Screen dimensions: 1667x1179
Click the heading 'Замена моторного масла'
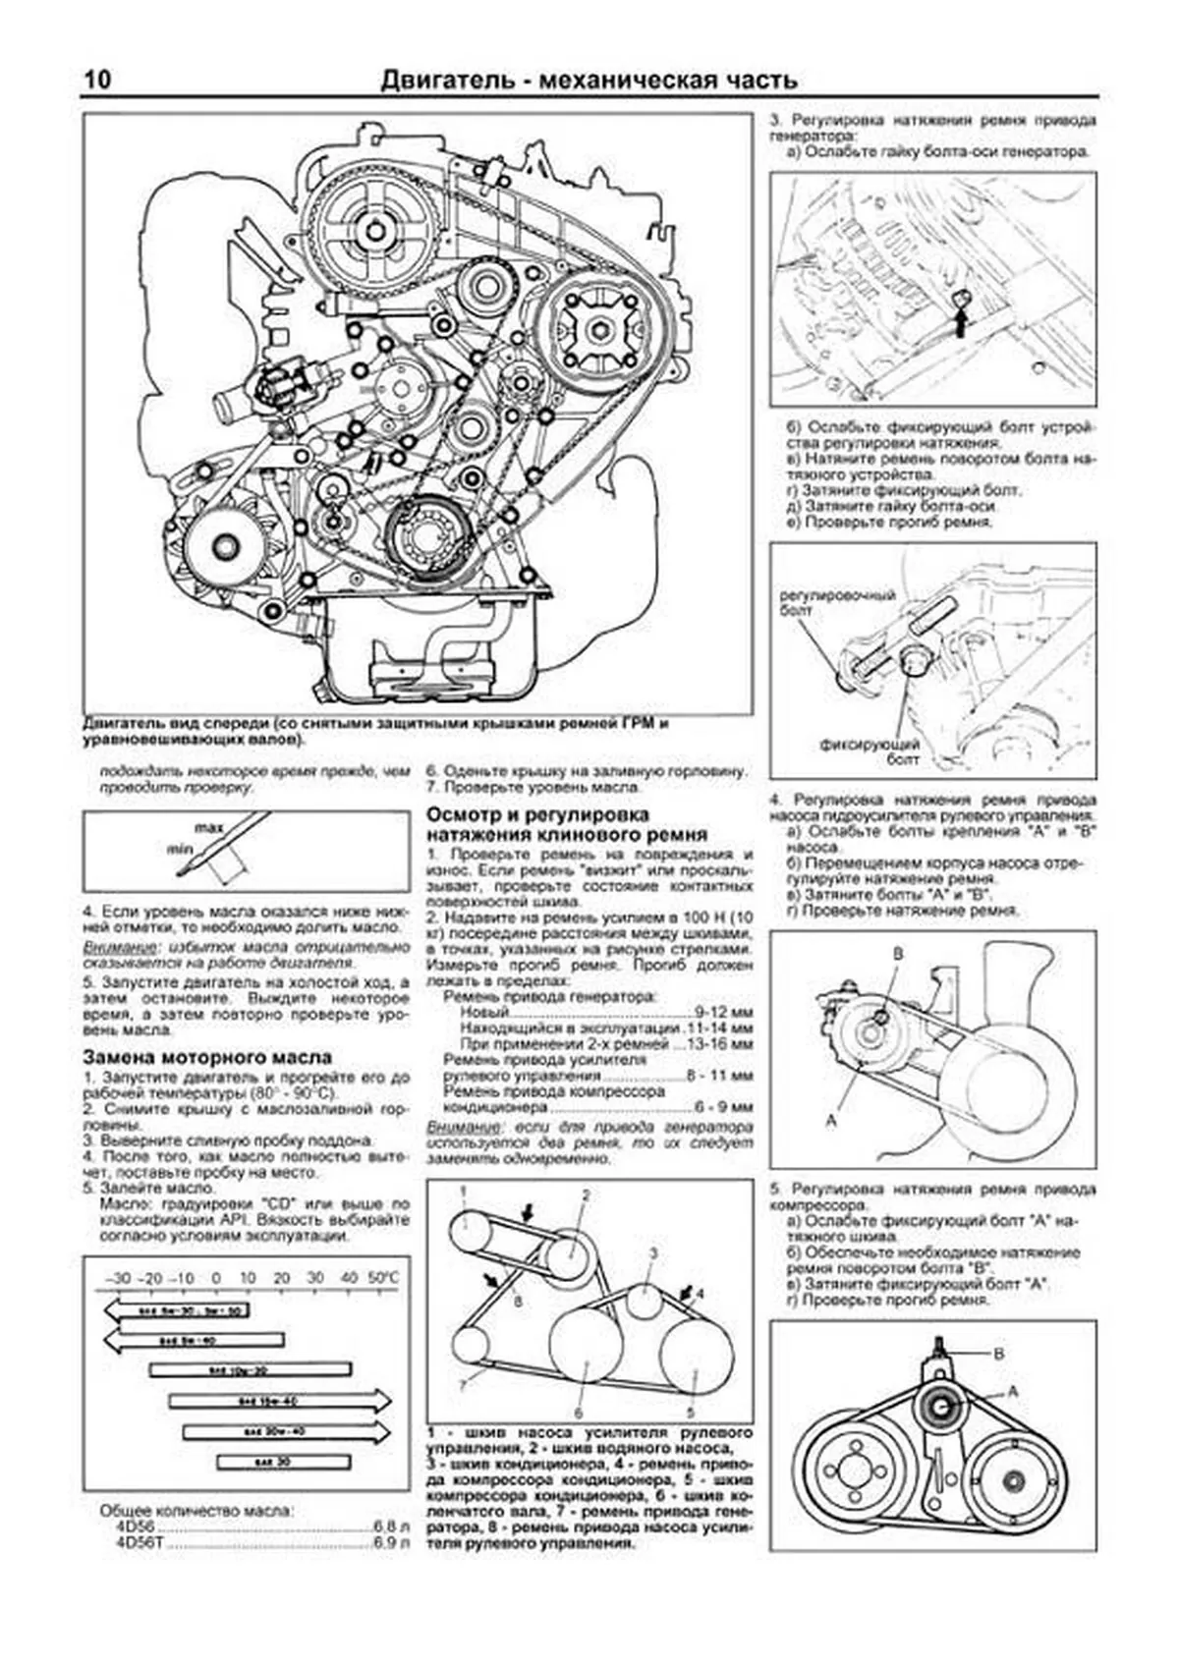(x=207, y=1057)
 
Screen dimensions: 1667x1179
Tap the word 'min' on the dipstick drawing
(x=178, y=848)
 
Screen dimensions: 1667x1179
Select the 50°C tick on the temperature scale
(x=383, y=1278)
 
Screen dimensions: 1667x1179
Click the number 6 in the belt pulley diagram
(x=579, y=1412)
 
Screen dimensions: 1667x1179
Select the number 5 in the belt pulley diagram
(x=693, y=1412)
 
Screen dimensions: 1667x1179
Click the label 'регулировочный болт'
(x=823, y=602)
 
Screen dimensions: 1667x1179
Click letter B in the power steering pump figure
(x=896, y=954)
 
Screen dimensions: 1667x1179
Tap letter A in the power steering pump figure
(x=833, y=1118)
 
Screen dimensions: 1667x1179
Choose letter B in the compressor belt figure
(x=999, y=1354)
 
